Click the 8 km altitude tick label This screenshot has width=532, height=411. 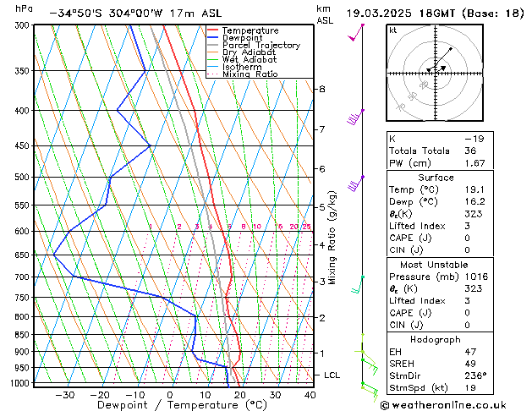[x=321, y=89]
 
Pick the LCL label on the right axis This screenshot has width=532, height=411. [x=332, y=375]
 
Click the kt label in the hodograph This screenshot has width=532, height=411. [x=392, y=30]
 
